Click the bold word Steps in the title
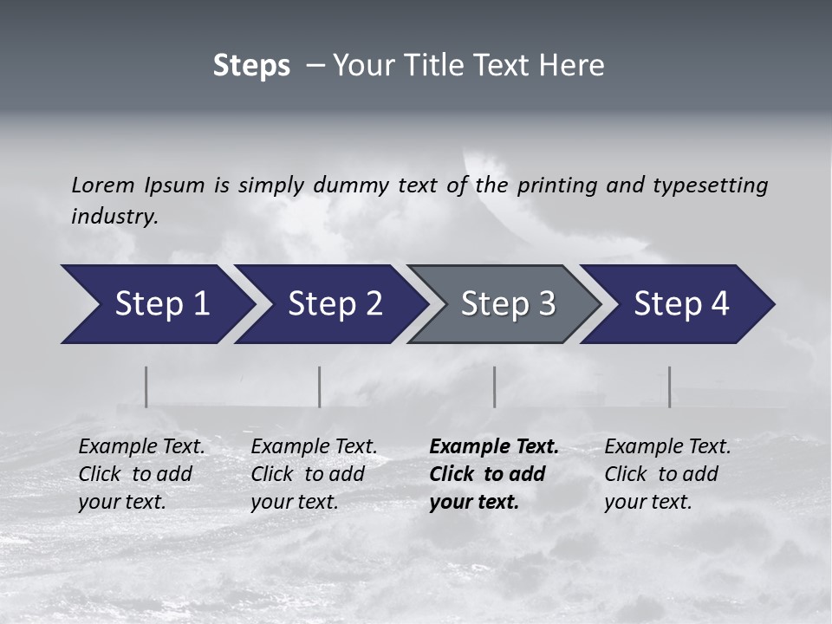251,66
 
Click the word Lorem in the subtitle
102,185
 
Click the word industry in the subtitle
114,216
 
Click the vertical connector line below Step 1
146,387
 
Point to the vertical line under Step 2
319,387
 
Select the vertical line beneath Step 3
494,387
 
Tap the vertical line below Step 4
669,387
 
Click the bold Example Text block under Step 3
493,474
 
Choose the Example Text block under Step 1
141,474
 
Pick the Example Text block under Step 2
314,474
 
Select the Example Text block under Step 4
667,474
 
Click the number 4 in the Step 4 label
719,304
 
